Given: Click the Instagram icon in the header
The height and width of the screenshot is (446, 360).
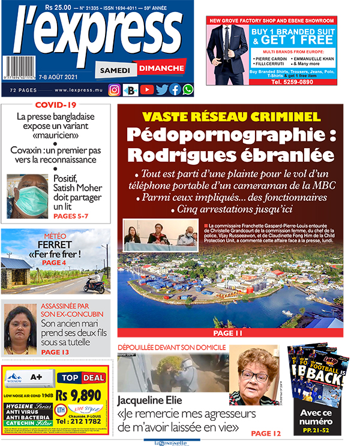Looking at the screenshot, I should (x=114, y=90).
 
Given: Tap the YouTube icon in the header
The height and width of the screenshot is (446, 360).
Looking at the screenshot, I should (x=146, y=90).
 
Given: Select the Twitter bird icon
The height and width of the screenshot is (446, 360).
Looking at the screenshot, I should (x=161, y=90).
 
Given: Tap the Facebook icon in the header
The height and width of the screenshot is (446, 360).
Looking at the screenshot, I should (x=175, y=90).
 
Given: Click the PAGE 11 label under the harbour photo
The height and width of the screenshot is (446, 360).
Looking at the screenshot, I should (x=230, y=333).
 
